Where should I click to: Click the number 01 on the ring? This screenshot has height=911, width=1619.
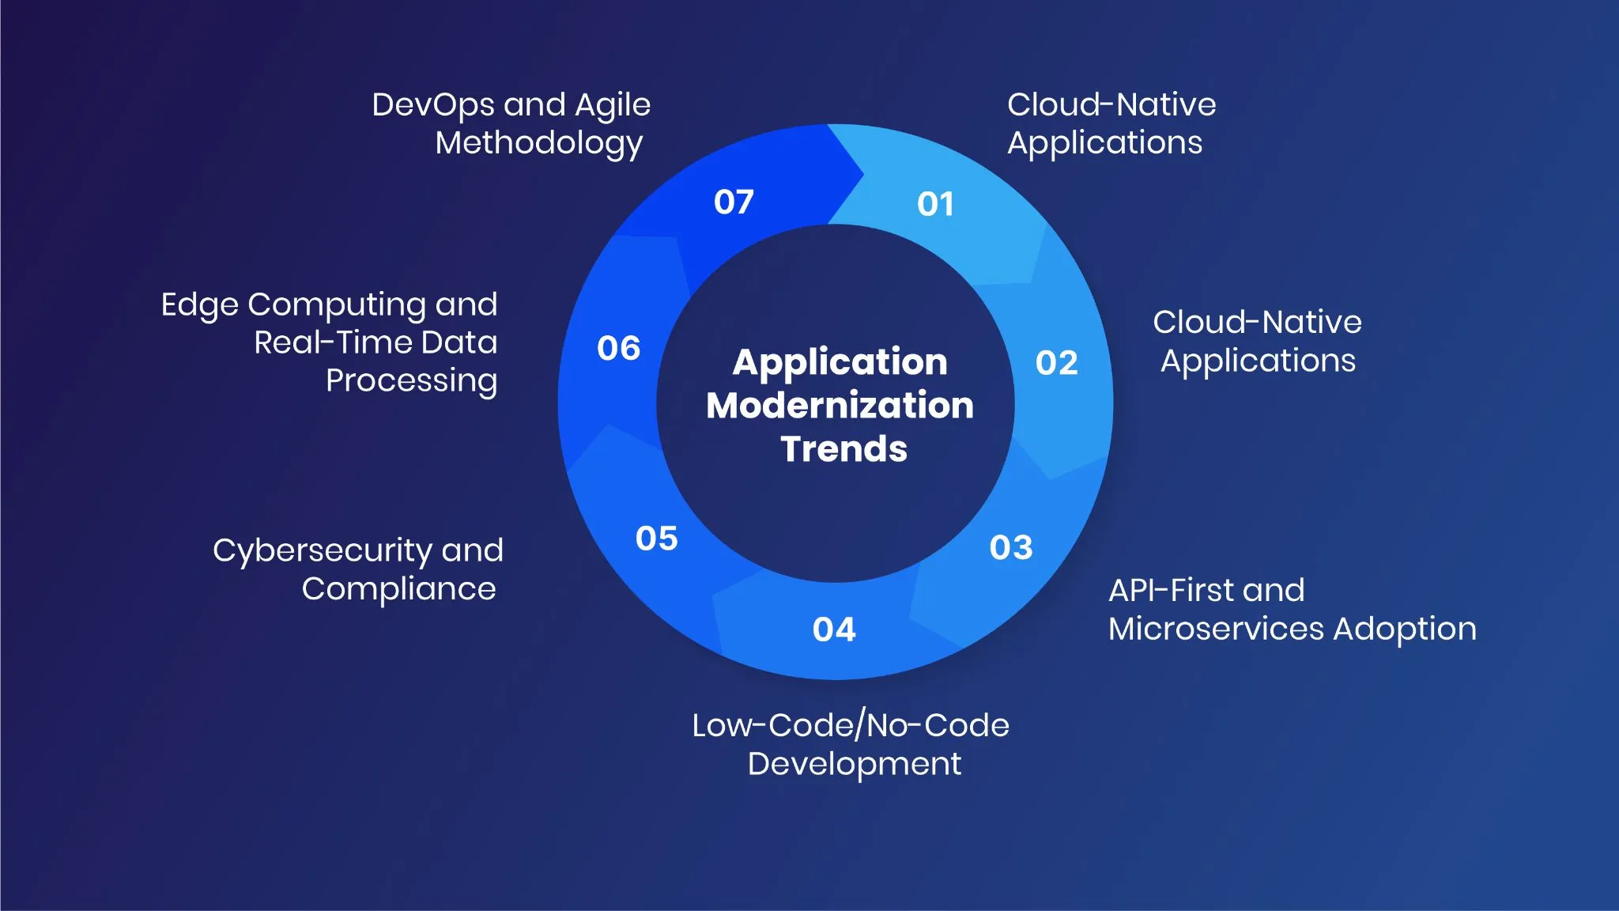pos(935,205)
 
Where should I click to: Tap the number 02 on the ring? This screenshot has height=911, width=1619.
pos(1056,364)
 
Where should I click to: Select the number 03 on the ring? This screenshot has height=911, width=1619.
pos(1011,547)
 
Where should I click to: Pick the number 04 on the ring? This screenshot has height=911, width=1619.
pos(834,630)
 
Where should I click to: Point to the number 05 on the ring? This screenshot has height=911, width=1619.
pos(656,539)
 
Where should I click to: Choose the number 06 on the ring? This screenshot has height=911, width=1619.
pos(618,349)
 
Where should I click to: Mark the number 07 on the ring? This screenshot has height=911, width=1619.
pos(734,202)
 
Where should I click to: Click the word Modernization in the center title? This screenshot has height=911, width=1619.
pos(840,406)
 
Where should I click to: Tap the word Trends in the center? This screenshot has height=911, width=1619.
pos(843,449)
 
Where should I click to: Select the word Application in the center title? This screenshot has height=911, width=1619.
pos(840,363)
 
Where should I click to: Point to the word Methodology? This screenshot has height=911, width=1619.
pos(539,144)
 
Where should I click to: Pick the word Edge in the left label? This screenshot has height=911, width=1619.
pos(199,305)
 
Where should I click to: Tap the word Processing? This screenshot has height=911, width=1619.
pos(411,381)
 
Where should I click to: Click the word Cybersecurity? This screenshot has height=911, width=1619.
pos(323,551)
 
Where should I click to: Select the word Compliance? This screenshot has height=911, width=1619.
pos(398,589)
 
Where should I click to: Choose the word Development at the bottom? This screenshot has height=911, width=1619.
pos(854,765)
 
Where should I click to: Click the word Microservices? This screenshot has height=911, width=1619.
pos(1216,629)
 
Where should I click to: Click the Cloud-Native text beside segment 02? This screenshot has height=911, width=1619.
pos(1257,323)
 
